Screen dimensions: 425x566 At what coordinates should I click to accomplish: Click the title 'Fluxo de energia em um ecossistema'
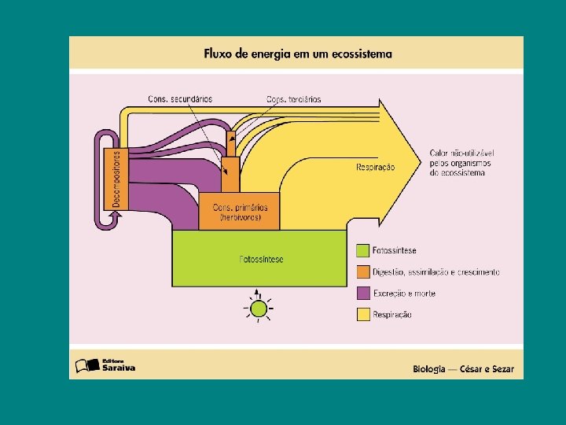click(x=297, y=54)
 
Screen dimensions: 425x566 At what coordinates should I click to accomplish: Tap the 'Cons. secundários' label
click(x=180, y=98)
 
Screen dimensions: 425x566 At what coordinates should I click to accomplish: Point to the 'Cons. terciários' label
click(x=293, y=99)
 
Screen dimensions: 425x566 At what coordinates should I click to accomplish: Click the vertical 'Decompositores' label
click(x=116, y=179)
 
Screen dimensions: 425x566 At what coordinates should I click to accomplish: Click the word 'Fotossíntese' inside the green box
click(x=261, y=259)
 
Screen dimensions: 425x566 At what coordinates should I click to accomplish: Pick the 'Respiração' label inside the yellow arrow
click(x=376, y=167)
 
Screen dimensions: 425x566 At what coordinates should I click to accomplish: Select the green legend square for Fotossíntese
click(x=362, y=251)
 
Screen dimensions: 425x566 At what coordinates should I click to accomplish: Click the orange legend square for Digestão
click(x=362, y=272)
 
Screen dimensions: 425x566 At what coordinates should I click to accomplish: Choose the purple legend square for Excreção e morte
click(x=362, y=294)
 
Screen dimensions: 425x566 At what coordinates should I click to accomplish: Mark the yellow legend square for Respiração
click(x=362, y=315)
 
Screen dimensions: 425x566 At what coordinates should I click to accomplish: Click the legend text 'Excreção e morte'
click(x=404, y=294)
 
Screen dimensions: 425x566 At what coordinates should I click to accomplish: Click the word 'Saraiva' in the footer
click(x=119, y=368)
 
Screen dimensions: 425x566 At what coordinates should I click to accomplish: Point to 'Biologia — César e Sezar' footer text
click(x=465, y=368)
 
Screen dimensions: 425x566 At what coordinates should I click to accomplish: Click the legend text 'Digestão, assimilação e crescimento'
click(x=436, y=272)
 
